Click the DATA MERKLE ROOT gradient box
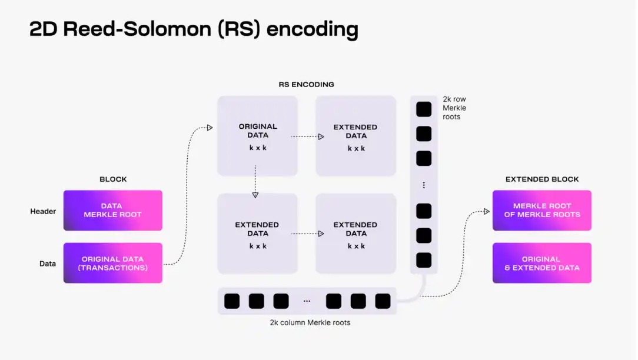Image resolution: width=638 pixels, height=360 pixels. click(x=112, y=210)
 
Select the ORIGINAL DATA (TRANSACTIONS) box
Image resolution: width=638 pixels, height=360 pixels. click(x=112, y=263)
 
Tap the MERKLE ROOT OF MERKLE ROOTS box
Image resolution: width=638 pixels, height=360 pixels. click(x=541, y=210)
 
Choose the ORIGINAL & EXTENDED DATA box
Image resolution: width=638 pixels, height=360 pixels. click(x=541, y=263)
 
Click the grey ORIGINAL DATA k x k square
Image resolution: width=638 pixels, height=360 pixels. click(x=257, y=136)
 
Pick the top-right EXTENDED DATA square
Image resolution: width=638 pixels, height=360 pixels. click(x=355, y=136)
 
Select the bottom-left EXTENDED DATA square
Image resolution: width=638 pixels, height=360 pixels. click(x=257, y=234)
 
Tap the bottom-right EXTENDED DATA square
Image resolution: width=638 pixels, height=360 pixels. click(x=355, y=234)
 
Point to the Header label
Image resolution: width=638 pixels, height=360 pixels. click(x=43, y=211)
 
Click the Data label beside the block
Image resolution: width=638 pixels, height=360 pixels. click(x=48, y=264)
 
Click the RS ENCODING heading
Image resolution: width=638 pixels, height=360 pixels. click(x=306, y=85)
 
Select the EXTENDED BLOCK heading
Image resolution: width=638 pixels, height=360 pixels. click(x=542, y=179)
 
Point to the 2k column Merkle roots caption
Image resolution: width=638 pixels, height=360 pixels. click(x=310, y=322)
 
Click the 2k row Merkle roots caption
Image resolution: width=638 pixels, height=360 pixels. click(x=454, y=108)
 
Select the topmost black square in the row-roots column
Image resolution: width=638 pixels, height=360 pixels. click(x=424, y=109)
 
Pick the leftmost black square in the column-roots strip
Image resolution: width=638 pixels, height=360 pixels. click(x=232, y=301)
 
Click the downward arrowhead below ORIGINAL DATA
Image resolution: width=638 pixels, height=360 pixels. click(x=255, y=194)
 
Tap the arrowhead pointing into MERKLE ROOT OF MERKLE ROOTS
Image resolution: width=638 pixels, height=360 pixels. click(x=487, y=211)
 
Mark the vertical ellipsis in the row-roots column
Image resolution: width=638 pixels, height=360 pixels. click(x=424, y=185)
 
